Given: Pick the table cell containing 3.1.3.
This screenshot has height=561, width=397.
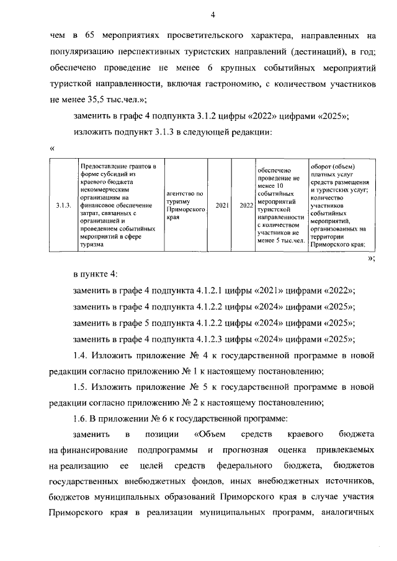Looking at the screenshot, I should click(63, 205).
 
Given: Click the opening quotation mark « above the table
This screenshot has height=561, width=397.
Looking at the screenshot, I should click(52, 149).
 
